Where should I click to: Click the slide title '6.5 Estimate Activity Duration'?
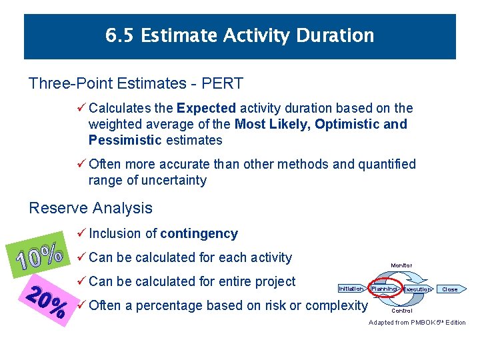click(x=240, y=35)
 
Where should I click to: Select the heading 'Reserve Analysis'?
click(x=91, y=208)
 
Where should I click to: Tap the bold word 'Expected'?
click(x=207, y=108)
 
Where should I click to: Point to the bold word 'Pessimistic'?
click(x=125, y=140)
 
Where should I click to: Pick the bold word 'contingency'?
click(x=199, y=233)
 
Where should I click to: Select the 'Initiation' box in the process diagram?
click(x=351, y=289)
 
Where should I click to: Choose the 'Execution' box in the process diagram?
click(x=417, y=289)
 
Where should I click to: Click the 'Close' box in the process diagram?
click(x=451, y=289)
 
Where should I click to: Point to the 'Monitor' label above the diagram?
click(x=401, y=265)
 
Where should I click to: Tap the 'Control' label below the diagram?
click(x=401, y=311)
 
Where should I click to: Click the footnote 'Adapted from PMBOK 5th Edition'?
click(x=417, y=323)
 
